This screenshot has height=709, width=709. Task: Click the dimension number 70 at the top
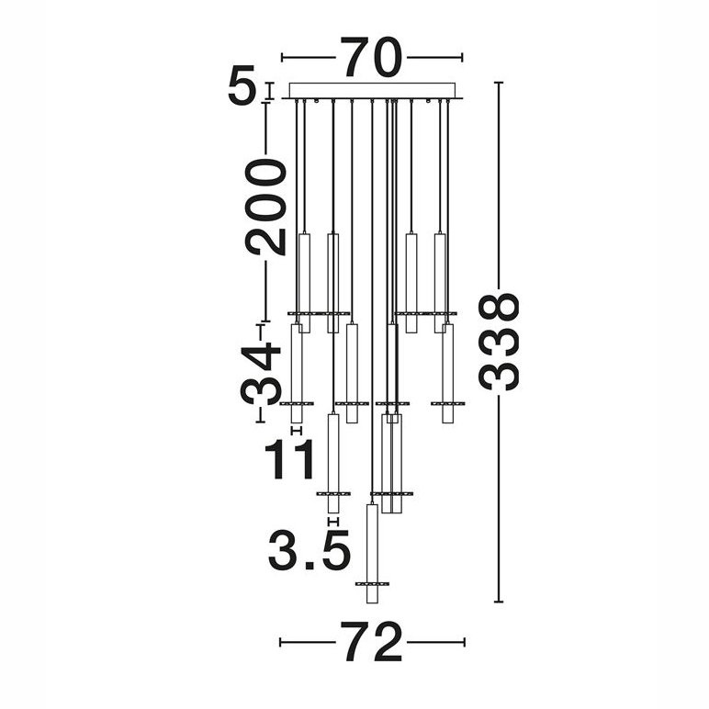[x=372, y=58]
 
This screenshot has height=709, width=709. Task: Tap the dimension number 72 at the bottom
[x=371, y=642]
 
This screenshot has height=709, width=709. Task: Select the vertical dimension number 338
[x=499, y=342]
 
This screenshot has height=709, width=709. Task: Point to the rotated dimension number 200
[x=265, y=208]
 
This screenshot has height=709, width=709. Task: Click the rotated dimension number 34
[x=261, y=373]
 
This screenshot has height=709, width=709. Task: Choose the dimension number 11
[x=289, y=459]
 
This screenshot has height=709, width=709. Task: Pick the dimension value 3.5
[x=309, y=550]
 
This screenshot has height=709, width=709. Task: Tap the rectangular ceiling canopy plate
[x=372, y=90]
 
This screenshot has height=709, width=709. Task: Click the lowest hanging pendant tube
[x=372, y=553]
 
